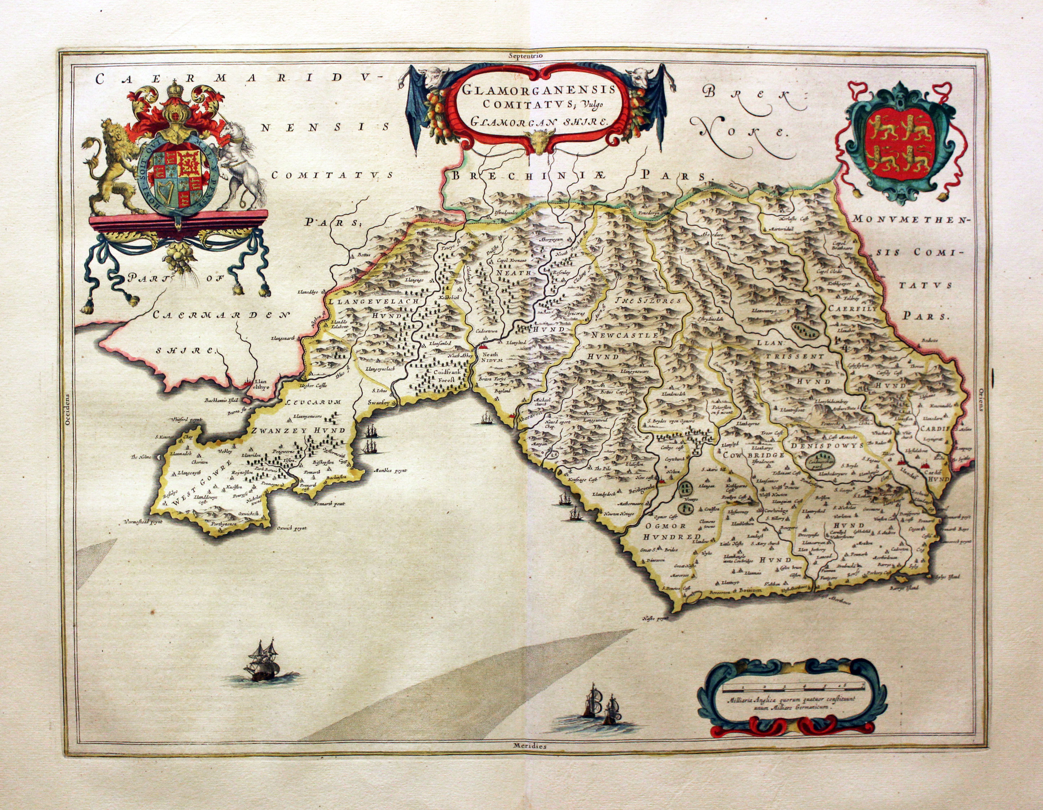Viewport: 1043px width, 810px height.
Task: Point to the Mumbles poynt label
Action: point(390,470)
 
